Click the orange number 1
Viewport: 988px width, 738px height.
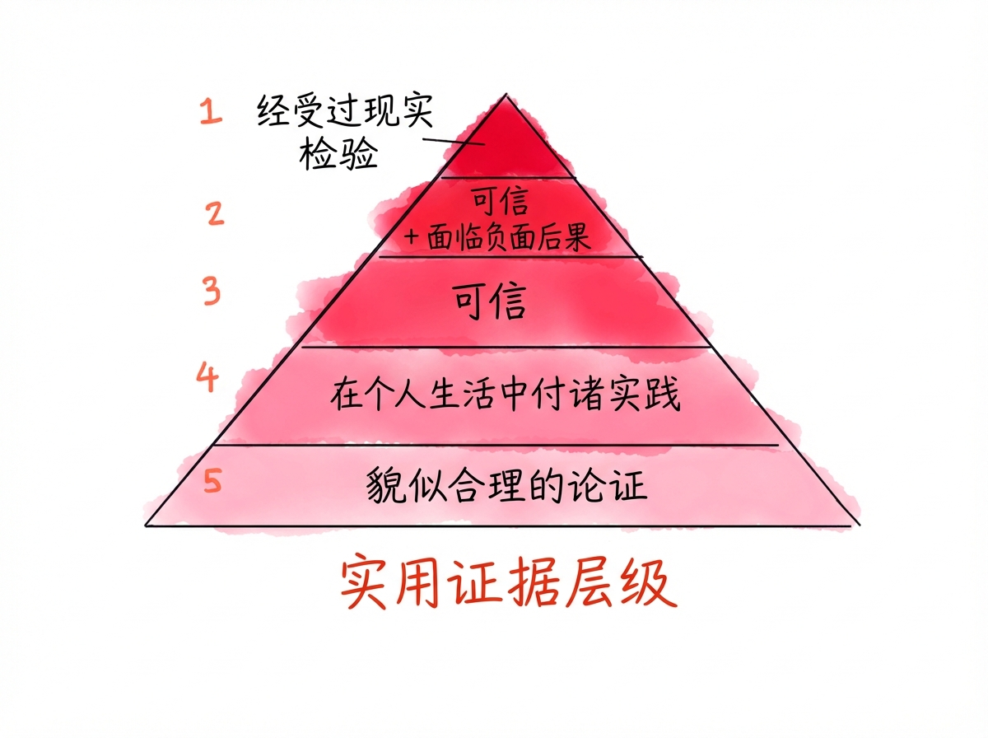[211, 111]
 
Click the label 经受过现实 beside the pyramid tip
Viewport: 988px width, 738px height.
[343, 112]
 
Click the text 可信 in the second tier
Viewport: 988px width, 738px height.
[500, 200]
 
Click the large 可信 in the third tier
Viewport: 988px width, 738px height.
[490, 302]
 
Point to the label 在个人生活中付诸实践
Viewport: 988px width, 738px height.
[506, 395]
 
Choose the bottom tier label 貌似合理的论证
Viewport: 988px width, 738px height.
[506, 485]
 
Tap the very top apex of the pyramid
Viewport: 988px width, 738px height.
[506, 95]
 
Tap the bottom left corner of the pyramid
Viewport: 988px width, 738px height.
[147, 524]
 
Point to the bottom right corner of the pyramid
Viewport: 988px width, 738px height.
[860, 524]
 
